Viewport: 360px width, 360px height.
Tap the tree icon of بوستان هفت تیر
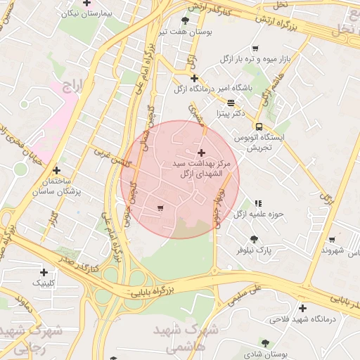point(185,20)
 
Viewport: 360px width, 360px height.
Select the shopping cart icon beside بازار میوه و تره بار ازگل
point(255,49)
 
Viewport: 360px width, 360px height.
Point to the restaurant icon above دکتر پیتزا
point(231,103)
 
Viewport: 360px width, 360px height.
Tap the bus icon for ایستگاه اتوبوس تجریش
point(259,127)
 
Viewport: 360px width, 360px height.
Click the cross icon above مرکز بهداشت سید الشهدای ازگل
point(202,153)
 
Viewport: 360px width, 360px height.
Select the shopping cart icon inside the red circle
point(161,207)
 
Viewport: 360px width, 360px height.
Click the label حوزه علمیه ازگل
point(258,213)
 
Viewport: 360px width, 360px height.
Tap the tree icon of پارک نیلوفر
point(254,239)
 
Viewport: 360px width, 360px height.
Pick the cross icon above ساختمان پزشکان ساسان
point(56,170)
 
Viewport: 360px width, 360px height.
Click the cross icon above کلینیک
point(44,272)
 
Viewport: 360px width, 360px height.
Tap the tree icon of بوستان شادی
point(265,342)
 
